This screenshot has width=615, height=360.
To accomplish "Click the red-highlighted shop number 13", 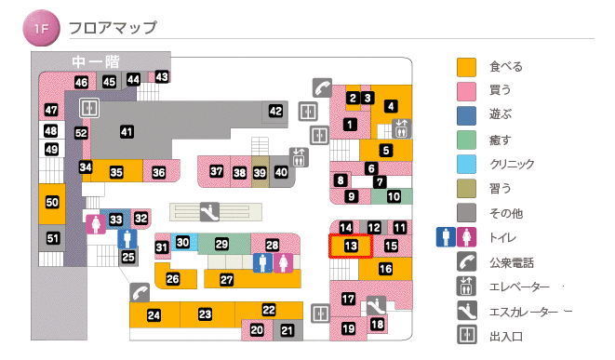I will click(351, 246).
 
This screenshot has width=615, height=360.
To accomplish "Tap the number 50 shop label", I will click(52, 203).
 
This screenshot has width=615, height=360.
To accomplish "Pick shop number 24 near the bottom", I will click(154, 315).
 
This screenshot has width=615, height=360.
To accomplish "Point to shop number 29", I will click(221, 244).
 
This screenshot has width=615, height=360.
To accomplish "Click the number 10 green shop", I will click(394, 196).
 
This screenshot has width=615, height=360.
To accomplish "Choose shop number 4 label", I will click(391, 105).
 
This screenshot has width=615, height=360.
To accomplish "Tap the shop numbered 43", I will click(162, 76).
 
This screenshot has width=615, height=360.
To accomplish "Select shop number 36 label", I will click(159, 172).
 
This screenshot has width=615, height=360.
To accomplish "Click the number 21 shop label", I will click(287, 329).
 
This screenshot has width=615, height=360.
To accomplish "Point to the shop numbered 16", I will click(385, 269).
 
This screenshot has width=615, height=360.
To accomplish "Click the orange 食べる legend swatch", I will click(466, 67).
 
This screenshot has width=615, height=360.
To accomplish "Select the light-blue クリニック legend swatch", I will click(466, 165).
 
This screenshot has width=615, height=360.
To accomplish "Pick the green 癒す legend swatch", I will click(466, 140).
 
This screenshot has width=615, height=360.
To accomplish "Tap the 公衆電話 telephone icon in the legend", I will click(466, 262).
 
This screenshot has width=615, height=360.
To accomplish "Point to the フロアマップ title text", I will click(113, 29).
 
